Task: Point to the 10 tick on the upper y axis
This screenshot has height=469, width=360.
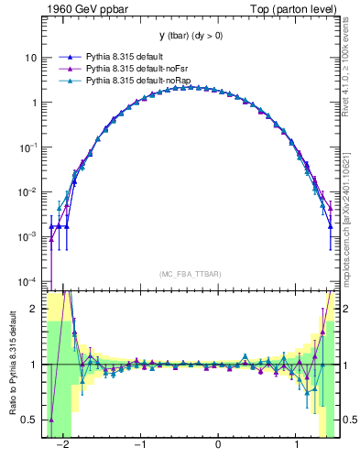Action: point(30,58)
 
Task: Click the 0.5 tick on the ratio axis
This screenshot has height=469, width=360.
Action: point(32,420)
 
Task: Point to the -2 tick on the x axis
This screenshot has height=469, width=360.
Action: point(62,446)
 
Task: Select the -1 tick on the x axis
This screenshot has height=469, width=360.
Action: point(140,446)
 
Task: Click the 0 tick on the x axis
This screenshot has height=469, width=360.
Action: point(218,446)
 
